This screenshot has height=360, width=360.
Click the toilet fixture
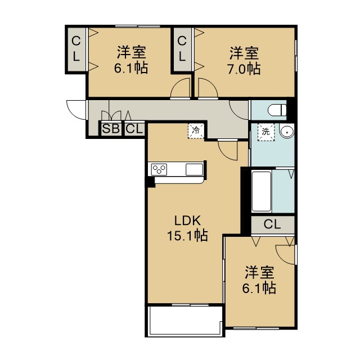(x=277, y=110)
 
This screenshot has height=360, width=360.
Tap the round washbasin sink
(x=287, y=132)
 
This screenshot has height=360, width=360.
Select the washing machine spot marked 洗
(x=266, y=132)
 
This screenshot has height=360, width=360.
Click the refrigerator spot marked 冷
(x=196, y=131)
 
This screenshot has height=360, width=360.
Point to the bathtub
(x=262, y=191)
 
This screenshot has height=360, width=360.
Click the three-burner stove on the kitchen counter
(x=159, y=170)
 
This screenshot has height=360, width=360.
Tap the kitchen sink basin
(x=194, y=170)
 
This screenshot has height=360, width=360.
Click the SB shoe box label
(x=111, y=129)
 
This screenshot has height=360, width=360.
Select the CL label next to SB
(x=134, y=129)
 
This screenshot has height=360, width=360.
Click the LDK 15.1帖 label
(x=187, y=228)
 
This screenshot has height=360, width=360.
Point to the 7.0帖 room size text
(x=244, y=69)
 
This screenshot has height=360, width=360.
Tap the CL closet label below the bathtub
(x=272, y=224)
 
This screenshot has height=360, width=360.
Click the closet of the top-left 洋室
(x=76, y=49)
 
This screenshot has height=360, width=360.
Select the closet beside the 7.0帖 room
(x=182, y=49)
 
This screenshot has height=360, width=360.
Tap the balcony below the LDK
(x=185, y=320)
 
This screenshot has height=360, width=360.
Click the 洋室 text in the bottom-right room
(x=259, y=272)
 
